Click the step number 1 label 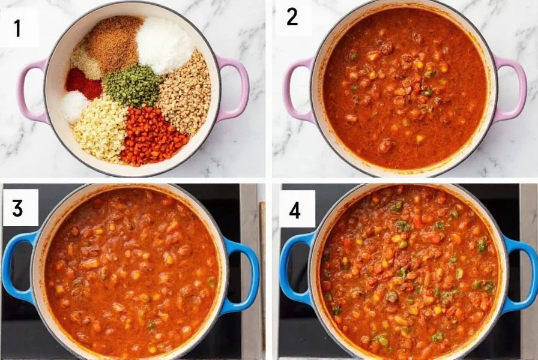pos(17,28)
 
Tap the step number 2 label pos(292,17)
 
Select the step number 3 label pos(18,208)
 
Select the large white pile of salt pos(165,44)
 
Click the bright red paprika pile pos(83,83)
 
